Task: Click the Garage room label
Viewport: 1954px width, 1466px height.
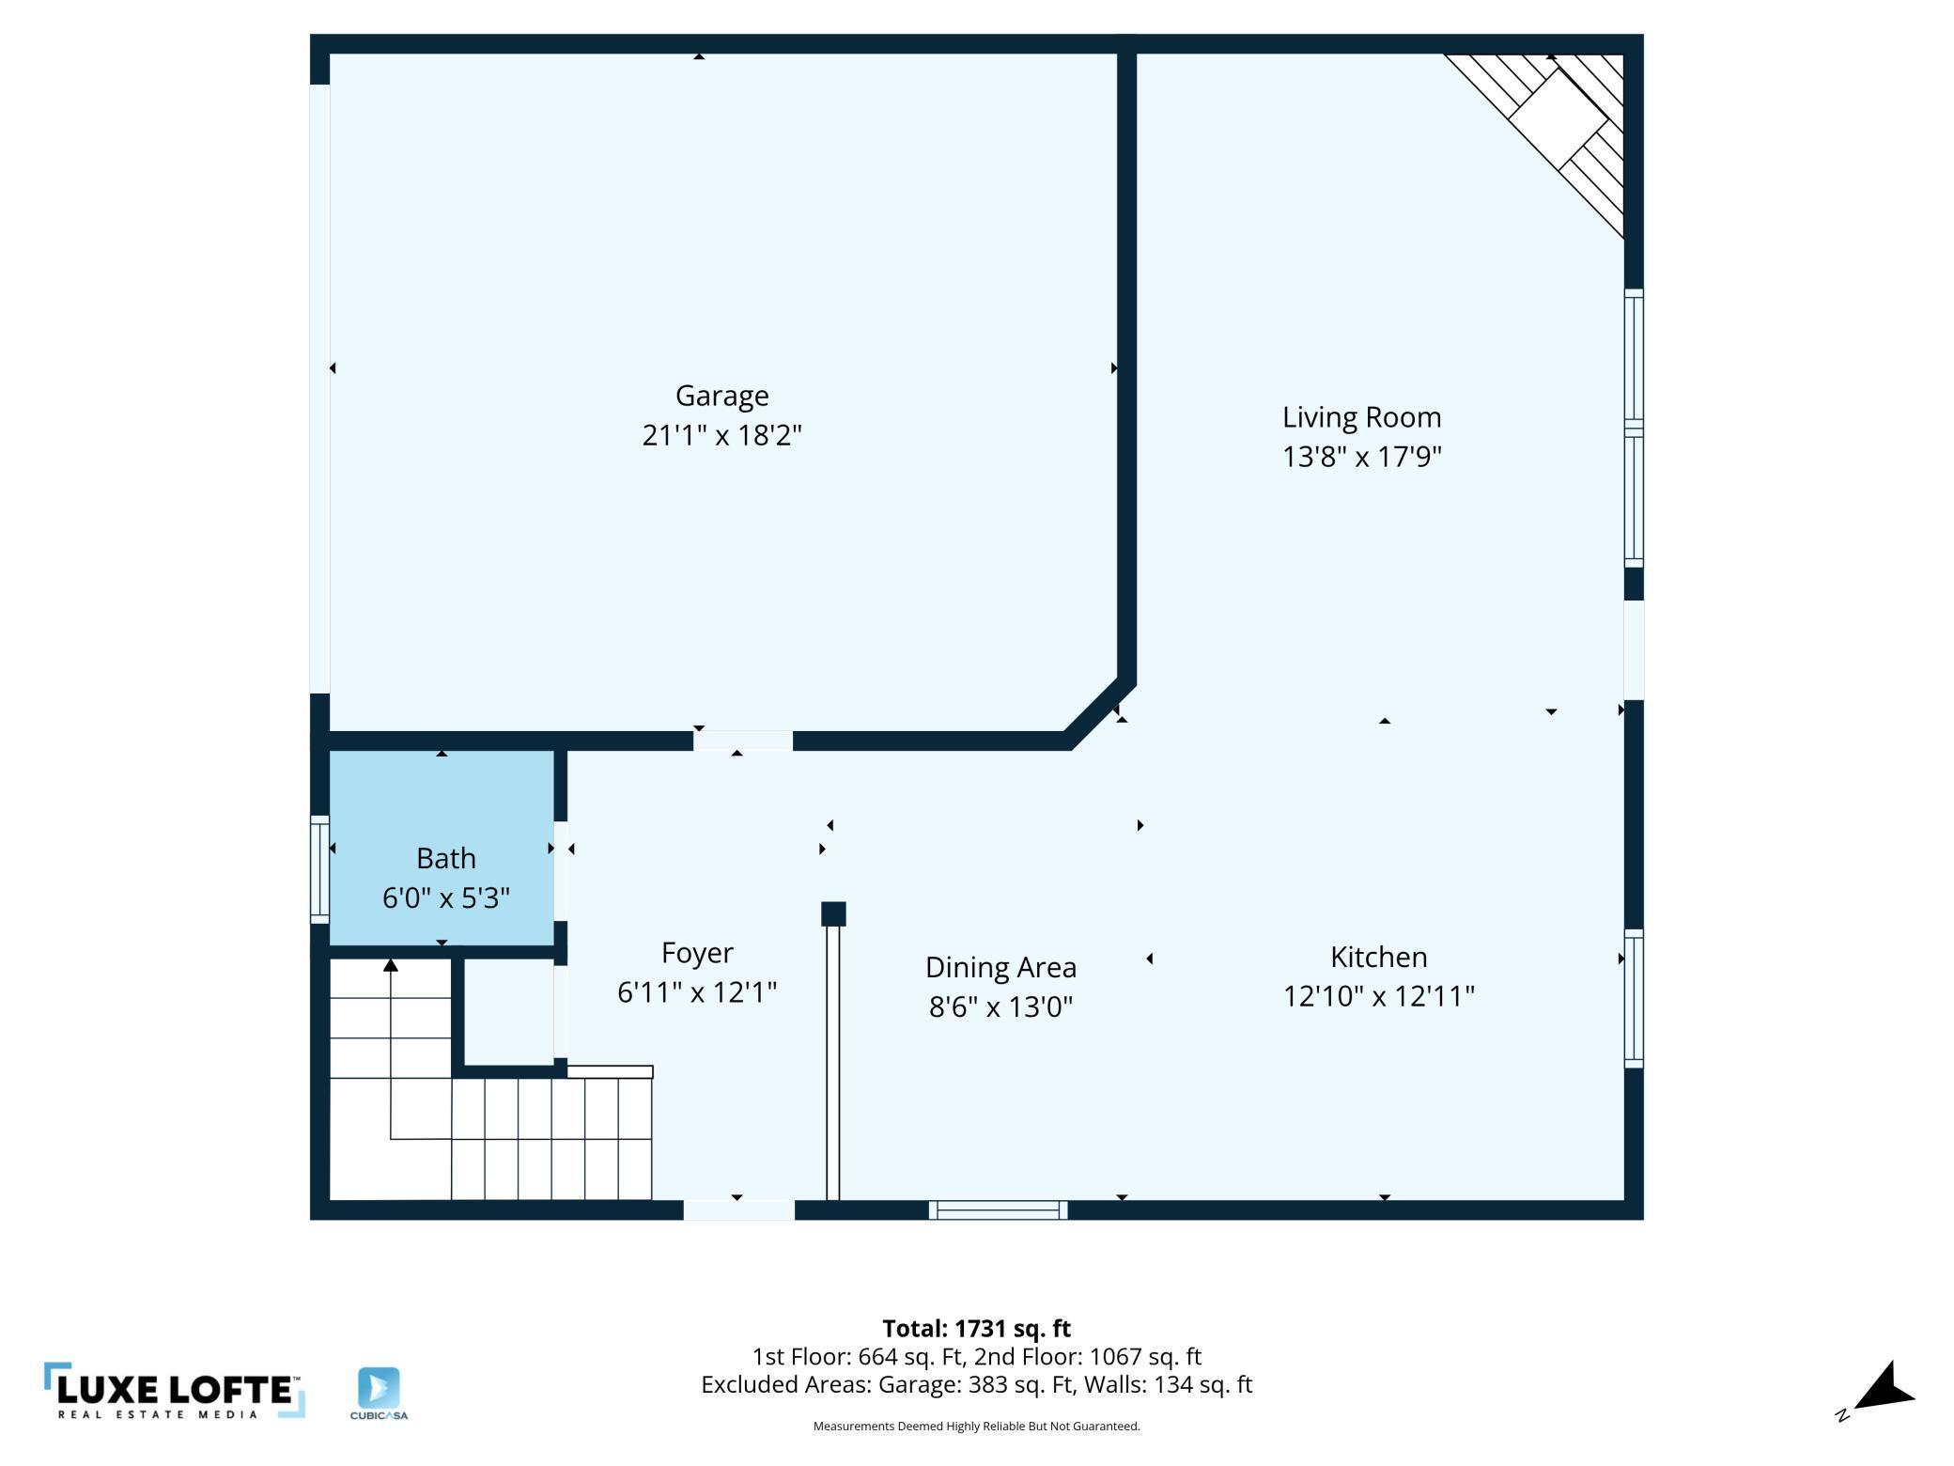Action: (x=721, y=397)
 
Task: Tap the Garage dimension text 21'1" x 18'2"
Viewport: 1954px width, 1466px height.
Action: (x=721, y=435)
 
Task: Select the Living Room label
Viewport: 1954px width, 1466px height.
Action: (x=1361, y=417)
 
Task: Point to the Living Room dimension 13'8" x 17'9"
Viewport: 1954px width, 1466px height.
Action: (x=1361, y=457)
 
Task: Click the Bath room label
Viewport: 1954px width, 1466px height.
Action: (x=445, y=858)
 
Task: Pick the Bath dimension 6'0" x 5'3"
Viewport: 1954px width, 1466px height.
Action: (x=445, y=897)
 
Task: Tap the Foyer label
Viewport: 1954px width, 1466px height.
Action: (x=696, y=954)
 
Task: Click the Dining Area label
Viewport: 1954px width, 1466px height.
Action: (x=1000, y=968)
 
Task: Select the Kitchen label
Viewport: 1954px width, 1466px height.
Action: (x=1378, y=957)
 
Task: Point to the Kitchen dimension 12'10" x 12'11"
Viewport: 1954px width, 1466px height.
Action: (x=1378, y=996)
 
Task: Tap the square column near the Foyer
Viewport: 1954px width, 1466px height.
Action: (x=833, y=913)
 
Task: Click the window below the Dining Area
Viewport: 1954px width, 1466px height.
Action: (x=998, y=1209)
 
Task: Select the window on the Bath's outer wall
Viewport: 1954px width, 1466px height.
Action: (x=319, y=869)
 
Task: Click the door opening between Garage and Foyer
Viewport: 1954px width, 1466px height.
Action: (x=742, y=741)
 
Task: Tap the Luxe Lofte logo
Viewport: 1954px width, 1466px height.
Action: (x=175, y=1390)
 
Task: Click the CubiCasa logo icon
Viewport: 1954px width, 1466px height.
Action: (x=379, y=1388)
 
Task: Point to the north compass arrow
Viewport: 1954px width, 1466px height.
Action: (x=1882, y=1389)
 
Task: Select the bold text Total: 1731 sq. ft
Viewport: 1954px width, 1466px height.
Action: (x=976, y=1328)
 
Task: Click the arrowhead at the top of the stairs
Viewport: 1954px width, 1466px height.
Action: (x=391, y=965)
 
